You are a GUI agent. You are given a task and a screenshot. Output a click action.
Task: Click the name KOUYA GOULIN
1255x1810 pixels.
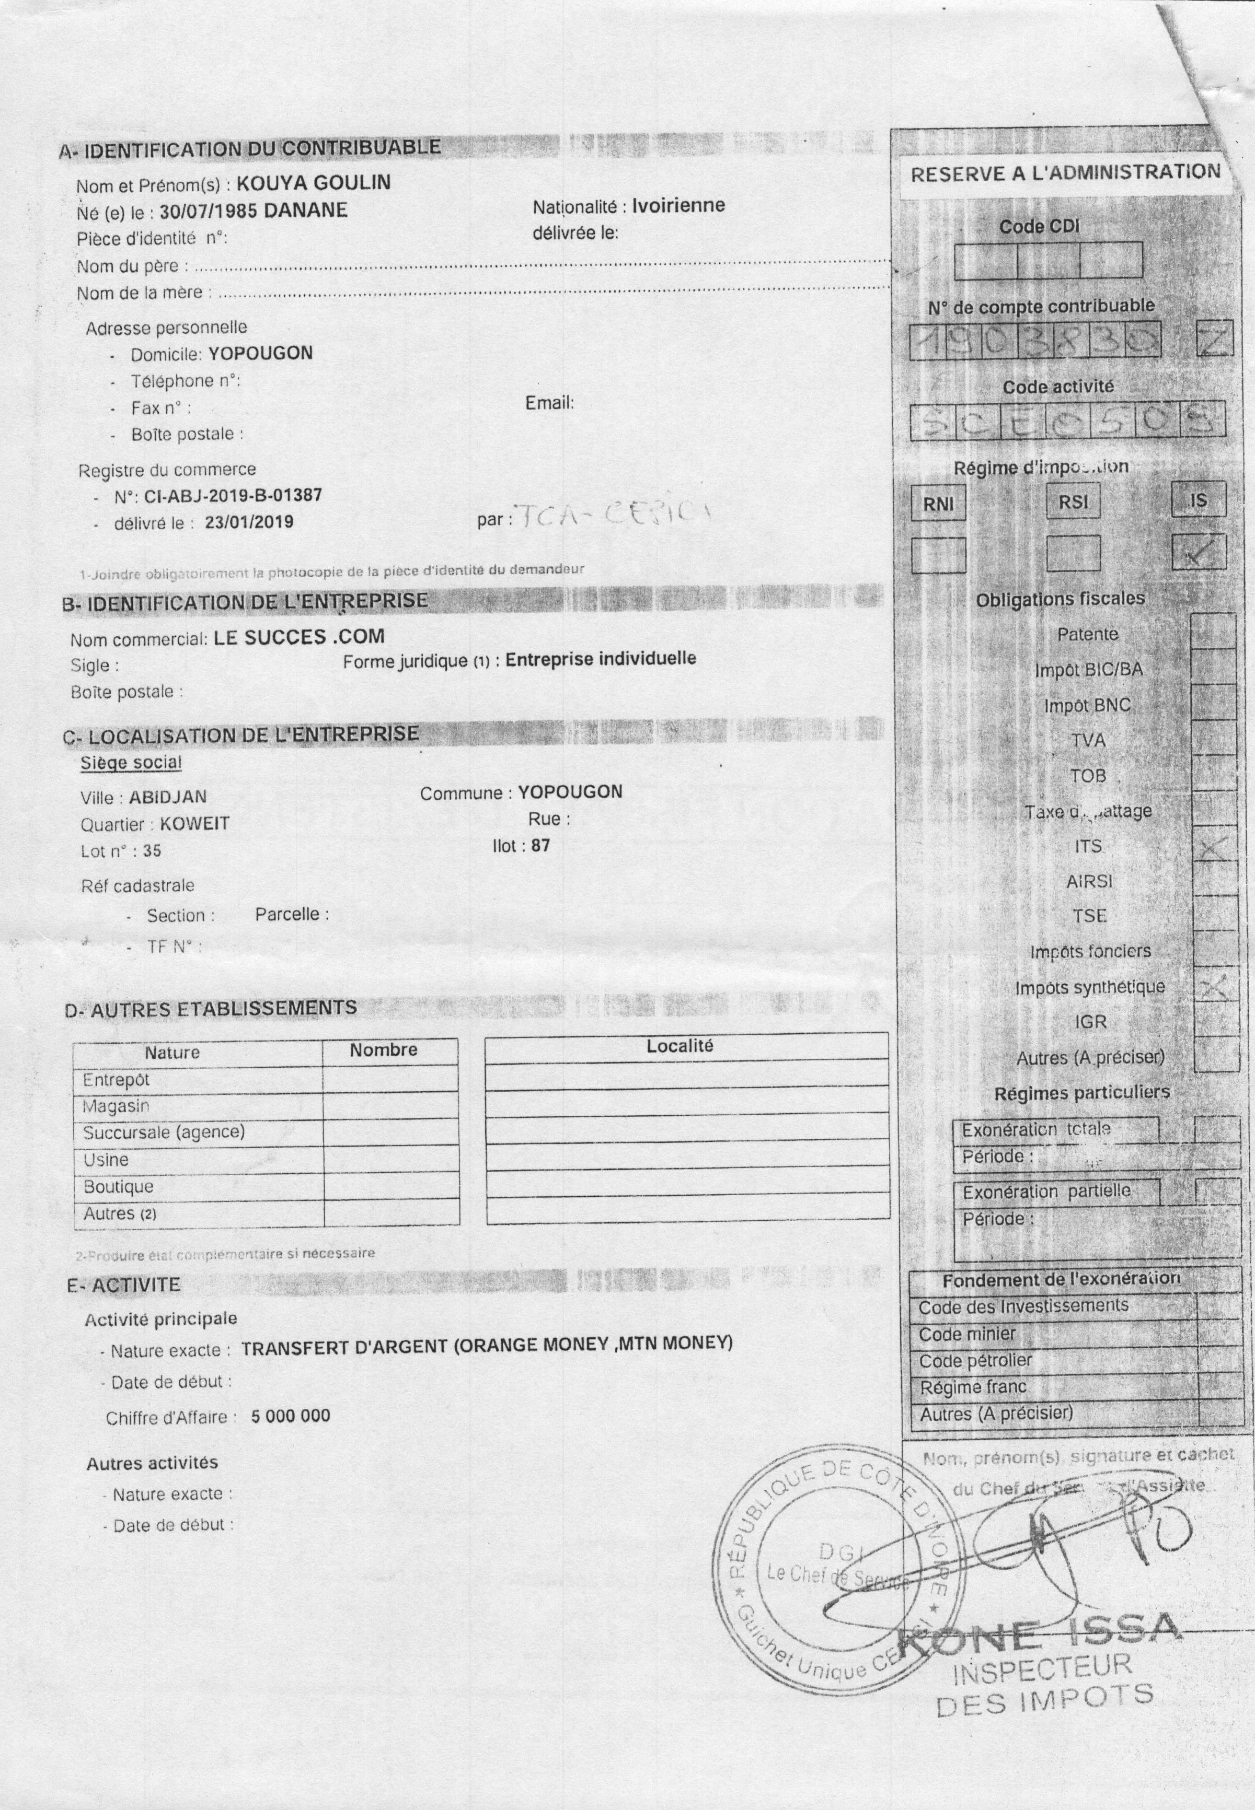click(x=313, y=183)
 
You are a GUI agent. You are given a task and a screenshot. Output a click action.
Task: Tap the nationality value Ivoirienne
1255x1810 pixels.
click(x=678, y=205)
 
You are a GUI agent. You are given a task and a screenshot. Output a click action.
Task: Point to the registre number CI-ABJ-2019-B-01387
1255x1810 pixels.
click(x=233, y=496)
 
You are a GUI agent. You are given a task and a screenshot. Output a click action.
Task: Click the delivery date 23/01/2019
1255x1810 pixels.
click(x=248, y=522)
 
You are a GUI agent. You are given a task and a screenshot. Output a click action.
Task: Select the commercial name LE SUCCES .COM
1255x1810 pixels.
click(x=299, y=637)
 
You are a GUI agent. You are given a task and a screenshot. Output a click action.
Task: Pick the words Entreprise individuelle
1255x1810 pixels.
click(x=600, y=659)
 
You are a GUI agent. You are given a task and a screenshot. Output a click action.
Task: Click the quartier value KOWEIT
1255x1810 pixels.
click(x=194, y=824)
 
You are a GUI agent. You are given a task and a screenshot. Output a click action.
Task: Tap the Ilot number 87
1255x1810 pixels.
click(x=540, y=846)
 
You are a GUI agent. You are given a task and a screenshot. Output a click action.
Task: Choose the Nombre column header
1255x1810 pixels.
click(x=384, y=1050)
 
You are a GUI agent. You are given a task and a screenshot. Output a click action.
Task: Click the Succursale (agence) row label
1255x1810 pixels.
click(x=164, y=1132)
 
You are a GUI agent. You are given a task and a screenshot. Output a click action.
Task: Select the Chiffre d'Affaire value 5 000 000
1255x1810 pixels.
click(x=291, y=1416)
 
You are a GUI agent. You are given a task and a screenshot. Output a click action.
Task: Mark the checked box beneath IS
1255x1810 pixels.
click(x=1199, y=552)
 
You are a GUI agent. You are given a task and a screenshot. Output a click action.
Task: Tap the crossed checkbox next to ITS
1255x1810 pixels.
click(x=1215, y=847)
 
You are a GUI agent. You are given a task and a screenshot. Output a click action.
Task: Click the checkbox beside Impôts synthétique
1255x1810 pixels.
click(x=1215, y=987)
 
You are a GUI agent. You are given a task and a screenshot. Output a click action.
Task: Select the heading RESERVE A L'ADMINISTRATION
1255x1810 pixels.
click(x=1065, y=173)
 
